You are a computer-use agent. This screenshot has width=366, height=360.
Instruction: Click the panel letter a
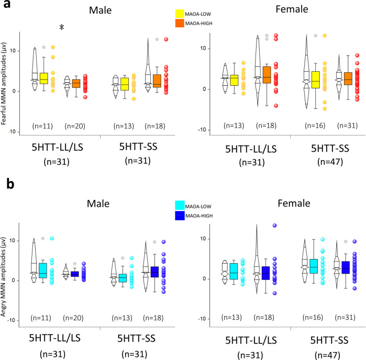(7, 8)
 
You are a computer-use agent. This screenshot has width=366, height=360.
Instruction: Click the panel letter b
(7, 184)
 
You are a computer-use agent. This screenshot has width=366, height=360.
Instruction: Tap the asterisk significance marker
(61, 28)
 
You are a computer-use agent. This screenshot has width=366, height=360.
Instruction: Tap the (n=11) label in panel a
(40, 126)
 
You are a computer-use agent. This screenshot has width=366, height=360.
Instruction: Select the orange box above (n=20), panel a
(75, 84)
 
